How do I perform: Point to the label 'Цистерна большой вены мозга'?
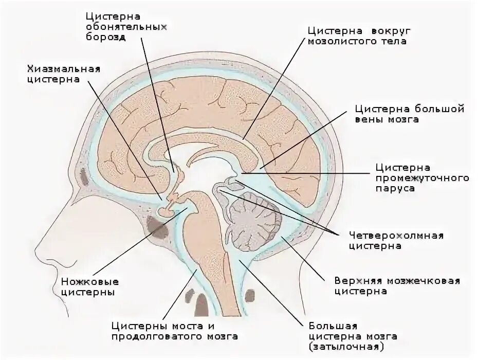point(402,114)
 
